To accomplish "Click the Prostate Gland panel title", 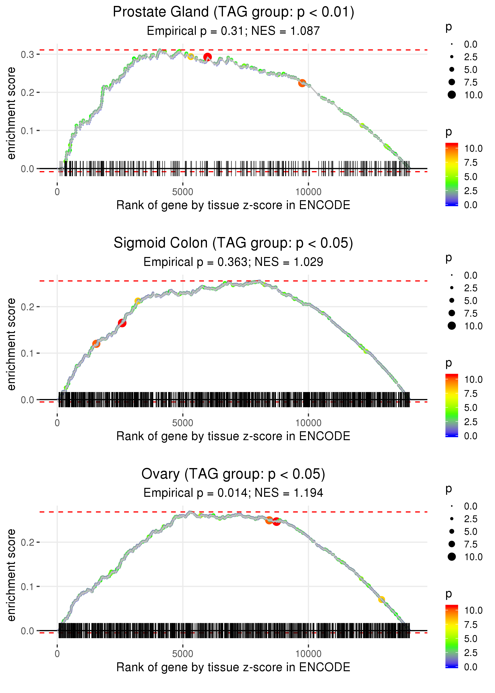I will tap(233, 12).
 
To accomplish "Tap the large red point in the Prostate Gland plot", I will tap(208, 57).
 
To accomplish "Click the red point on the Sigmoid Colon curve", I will tap(122, 323).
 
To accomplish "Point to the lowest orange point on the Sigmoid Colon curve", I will tap(96, 344).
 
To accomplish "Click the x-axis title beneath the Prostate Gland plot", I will tap(233, 205).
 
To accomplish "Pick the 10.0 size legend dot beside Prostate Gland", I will tap(452, 95).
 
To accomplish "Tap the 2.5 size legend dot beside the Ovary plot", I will tap(452, 519).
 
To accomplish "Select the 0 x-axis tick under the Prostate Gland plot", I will tap(57, 192).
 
